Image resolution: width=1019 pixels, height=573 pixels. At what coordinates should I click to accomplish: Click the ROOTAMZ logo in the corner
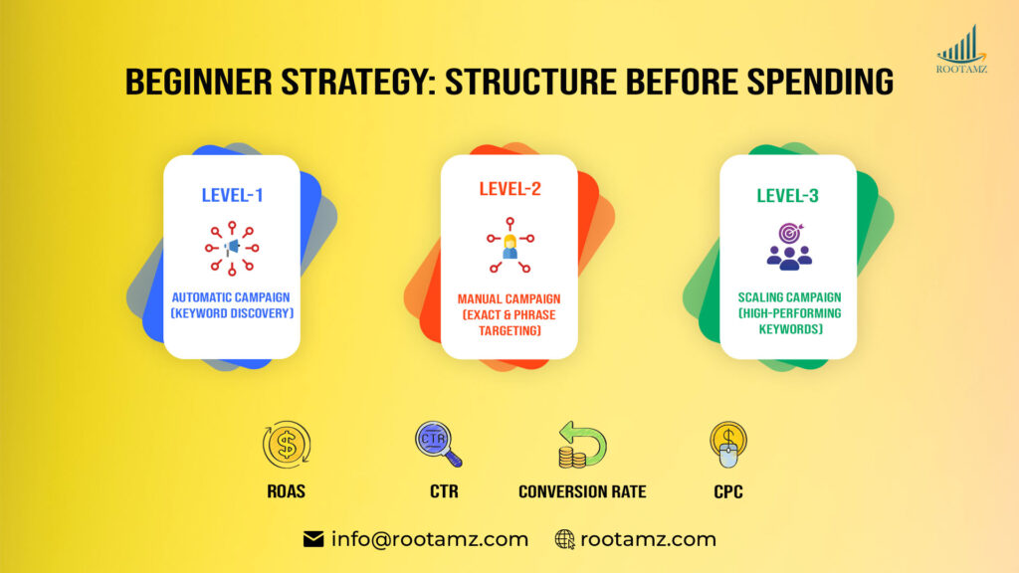tap(962, 49)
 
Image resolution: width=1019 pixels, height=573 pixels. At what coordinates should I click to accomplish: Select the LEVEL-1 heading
tap(232, 195)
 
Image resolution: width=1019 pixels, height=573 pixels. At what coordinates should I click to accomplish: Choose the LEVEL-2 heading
tap(509, 189)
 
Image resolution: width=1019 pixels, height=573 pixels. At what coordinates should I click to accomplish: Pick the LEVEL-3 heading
tap(788, 195)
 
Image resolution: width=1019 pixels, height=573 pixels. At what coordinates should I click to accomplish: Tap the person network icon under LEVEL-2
tap(509, 245)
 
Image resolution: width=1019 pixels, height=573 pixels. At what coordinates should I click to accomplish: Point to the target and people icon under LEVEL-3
tap(788, 247)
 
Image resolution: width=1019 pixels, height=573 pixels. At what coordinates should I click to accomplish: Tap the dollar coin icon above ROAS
tap(287, 445)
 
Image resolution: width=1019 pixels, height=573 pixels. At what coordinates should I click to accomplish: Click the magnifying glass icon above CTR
tap(438, 445)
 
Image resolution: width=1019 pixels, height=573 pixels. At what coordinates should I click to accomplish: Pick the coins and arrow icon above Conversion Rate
tap(581, 445)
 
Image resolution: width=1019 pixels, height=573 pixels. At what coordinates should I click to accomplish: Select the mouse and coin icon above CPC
tap(727, 445)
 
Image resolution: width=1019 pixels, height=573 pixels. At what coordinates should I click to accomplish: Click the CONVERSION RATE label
tap(582, 491)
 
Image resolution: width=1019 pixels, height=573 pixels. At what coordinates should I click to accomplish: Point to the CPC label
tap(727, 491)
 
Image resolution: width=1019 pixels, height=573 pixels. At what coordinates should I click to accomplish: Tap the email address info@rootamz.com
tap(429, 539)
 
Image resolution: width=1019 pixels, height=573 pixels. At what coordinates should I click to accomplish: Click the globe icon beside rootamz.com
tap(565, 539)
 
